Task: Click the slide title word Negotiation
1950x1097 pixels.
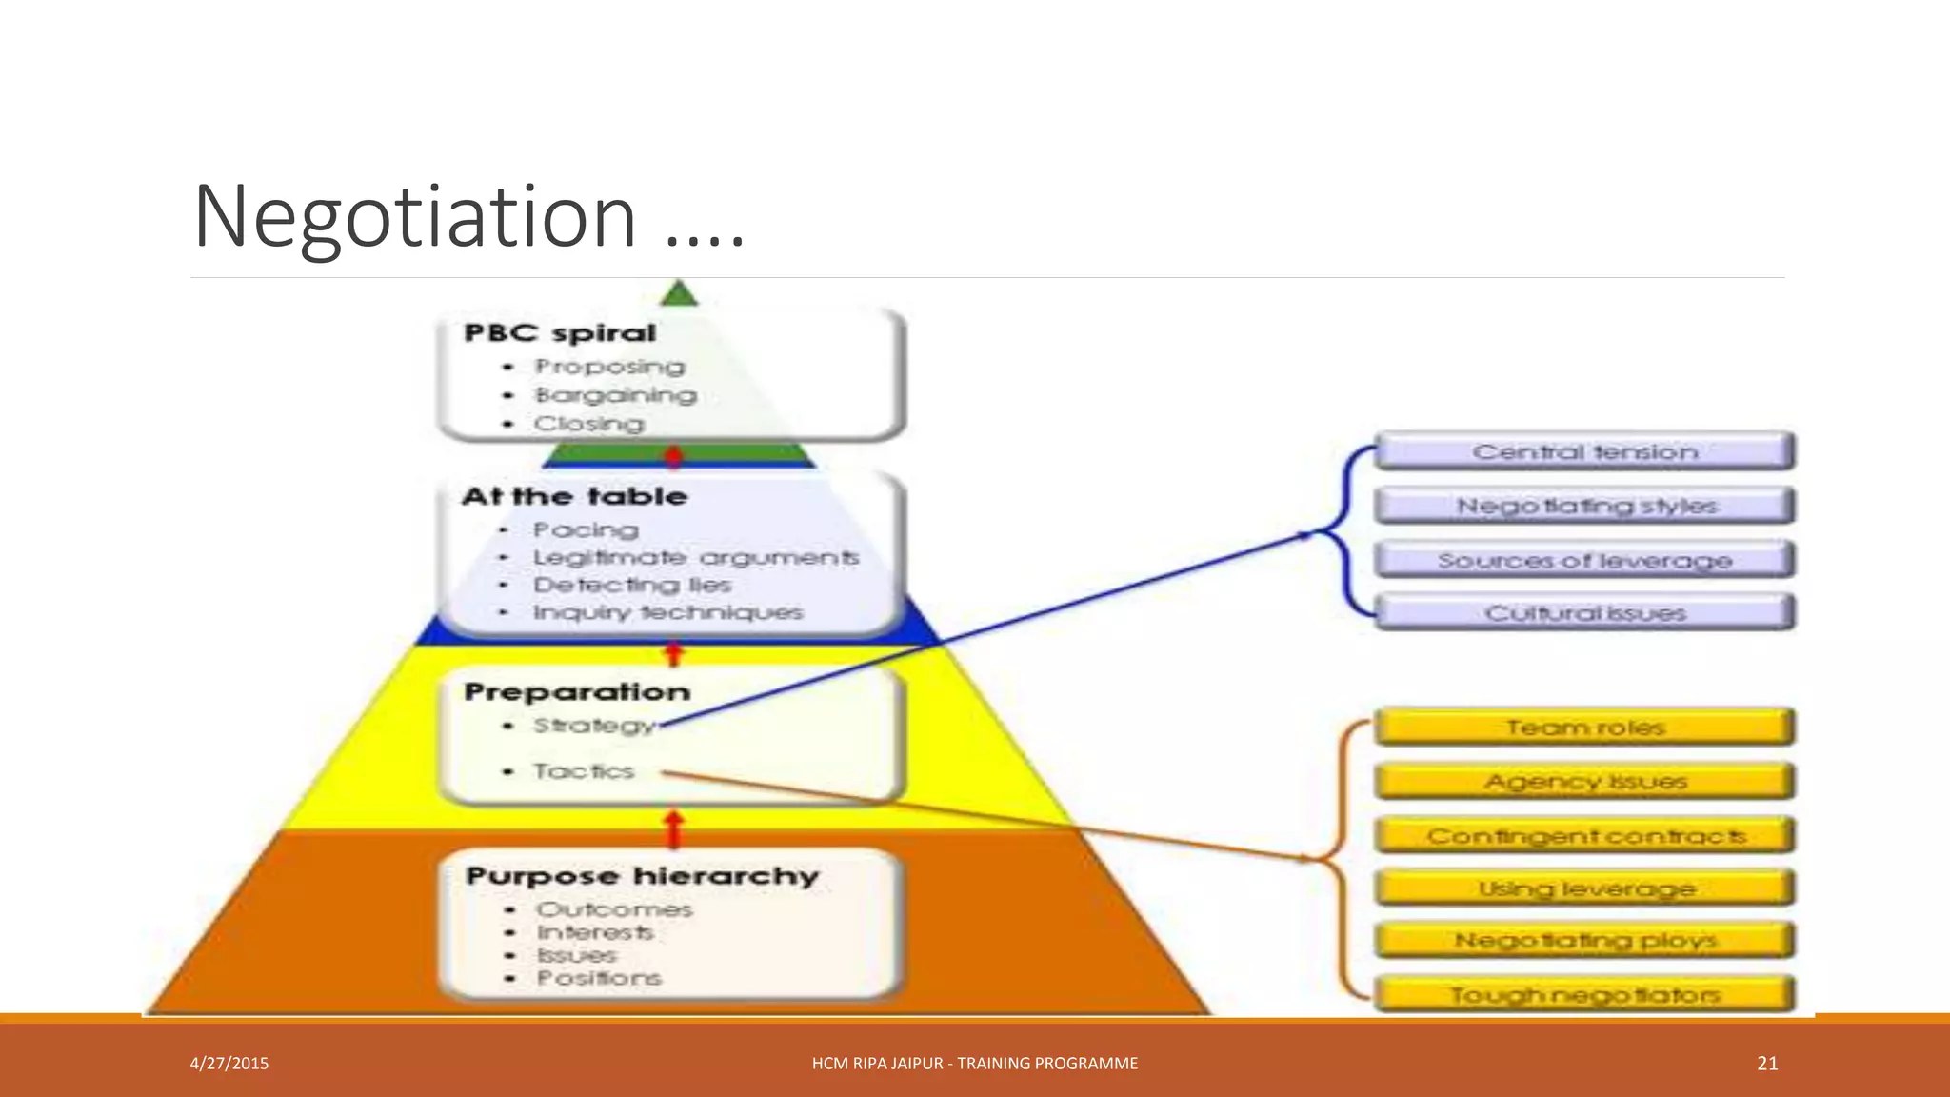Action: pyautogui.click(x=414, y=217)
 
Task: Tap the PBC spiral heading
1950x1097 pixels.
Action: pyautogui.click(x=560, y=333)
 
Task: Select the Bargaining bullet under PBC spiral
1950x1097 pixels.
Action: pyautogui.click(x=615, y=395)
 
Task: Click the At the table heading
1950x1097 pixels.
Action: pyautogui.click(x=574, y=496)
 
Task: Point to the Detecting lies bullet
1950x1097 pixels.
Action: pyautogui.click(x=631, y=585)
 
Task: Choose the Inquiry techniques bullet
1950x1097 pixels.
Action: pyautogui.click(x=667, y=612)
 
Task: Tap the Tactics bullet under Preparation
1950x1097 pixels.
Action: pyautogui.click(x=583, y=771)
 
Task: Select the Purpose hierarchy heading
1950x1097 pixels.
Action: pyautogui.click(x=642, y=876)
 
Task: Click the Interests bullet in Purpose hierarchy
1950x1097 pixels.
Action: pyautogui.click(x=595, y=932)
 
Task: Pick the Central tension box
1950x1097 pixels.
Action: pyautogui.click(x=1584, y=451)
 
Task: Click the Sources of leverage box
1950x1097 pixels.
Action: pyautogui.click(x=1584, y=560)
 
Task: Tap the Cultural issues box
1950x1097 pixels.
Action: pyautogui.click(x=1584, y=613)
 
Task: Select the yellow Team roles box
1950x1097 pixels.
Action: pyautogui.click(x=1584, y=728)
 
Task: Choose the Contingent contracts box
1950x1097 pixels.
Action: pyautogui.click(x=1584, y=836)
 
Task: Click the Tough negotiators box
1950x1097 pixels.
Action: pyautogui.click(x=1584, y=995)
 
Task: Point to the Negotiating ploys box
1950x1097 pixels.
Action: pyautogui.click(x=1584, y=941)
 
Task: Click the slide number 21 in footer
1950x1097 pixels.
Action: pyautogui.click(x=1767, y=1064)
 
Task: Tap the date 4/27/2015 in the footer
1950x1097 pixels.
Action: pyautogui.click(x=229, y=1064)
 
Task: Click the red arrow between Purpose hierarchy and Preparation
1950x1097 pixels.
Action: pyautogui.click(x=674, y=828)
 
